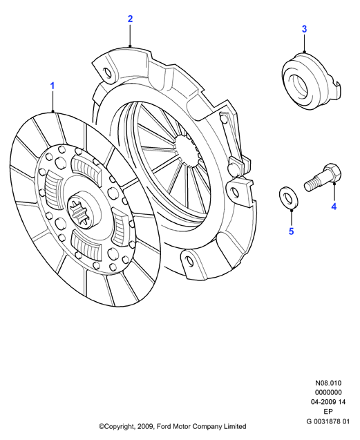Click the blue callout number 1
click(53, 86)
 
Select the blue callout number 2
click(130, 19)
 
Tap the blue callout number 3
click(305, 29)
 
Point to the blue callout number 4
click(334, 207)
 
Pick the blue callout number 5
click(291, 231)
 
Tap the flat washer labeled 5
click(289, 198)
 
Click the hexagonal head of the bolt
click(332, 172)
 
